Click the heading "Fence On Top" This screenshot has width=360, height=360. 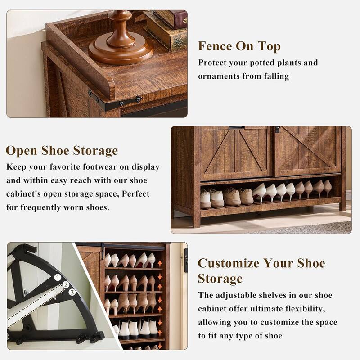239,46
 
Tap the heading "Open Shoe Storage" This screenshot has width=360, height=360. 62,150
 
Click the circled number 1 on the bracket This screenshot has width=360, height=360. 58,278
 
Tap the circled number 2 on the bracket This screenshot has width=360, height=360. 66,284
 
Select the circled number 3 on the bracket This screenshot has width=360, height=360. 72,292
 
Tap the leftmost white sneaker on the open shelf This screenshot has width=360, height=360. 206,199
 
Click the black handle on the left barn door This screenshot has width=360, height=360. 236,128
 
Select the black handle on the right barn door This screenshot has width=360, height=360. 278,130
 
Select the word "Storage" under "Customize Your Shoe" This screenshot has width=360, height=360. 220,279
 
